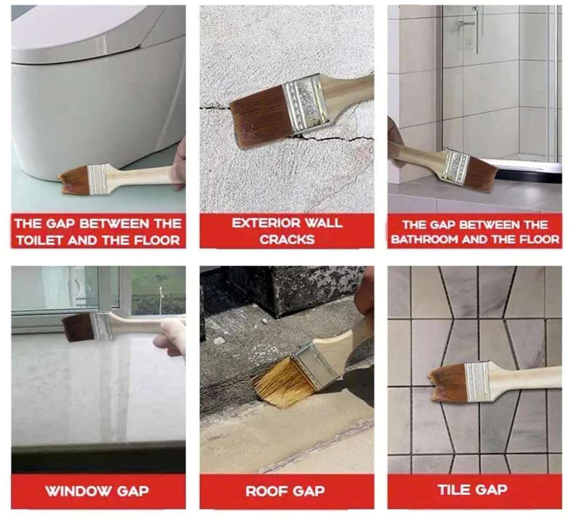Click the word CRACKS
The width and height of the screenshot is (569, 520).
tap(287, 240)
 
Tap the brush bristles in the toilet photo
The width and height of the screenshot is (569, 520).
tap(74, 180)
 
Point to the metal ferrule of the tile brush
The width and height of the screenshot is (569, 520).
tap(478, 381)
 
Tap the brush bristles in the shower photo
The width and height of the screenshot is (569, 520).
tap(480, 173)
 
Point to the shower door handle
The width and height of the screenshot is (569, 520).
tap(466, 23)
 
